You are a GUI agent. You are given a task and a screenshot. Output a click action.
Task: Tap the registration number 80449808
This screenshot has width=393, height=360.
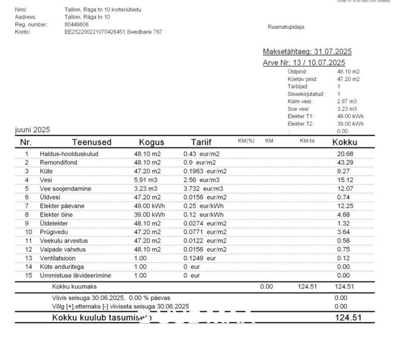76,24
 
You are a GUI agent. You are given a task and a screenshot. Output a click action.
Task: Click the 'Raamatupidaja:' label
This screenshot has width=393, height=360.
286,27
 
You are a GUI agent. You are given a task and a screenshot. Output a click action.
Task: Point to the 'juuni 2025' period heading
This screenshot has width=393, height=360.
32,130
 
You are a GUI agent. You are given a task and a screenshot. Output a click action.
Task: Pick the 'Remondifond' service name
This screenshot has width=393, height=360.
56,162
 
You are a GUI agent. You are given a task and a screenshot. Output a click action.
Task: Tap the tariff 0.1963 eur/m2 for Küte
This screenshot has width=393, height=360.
205,171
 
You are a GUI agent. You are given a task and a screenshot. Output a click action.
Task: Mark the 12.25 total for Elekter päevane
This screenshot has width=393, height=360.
344,206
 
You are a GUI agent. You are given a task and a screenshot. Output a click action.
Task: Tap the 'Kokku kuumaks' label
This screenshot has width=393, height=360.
74,287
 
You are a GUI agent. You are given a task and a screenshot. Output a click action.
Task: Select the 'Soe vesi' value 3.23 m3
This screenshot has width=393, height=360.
346,109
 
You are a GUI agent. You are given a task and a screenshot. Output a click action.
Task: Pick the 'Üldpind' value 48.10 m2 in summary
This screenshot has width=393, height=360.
348,71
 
